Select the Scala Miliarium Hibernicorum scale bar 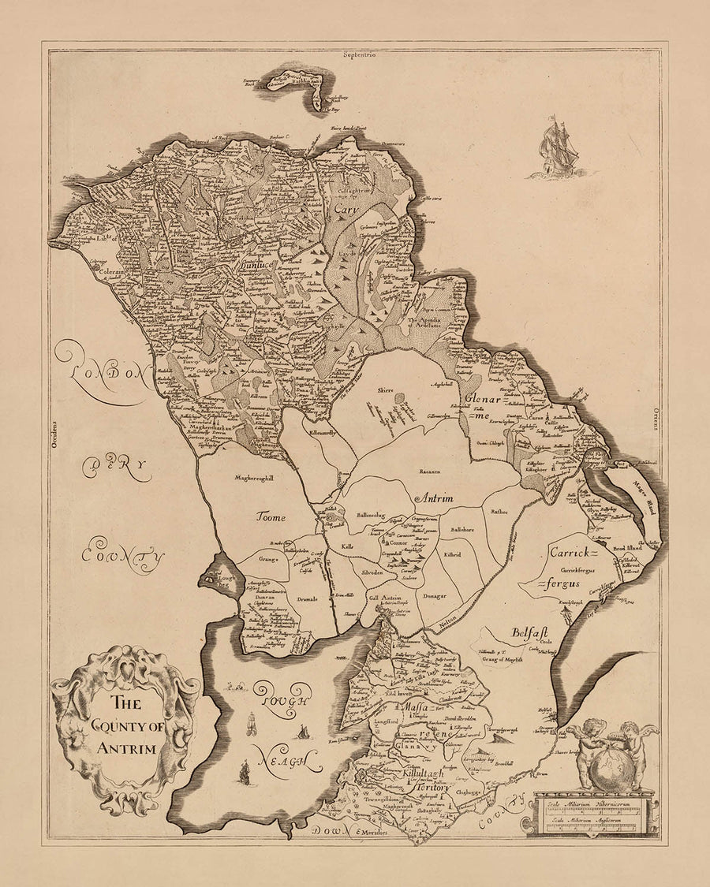point(592,804)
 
